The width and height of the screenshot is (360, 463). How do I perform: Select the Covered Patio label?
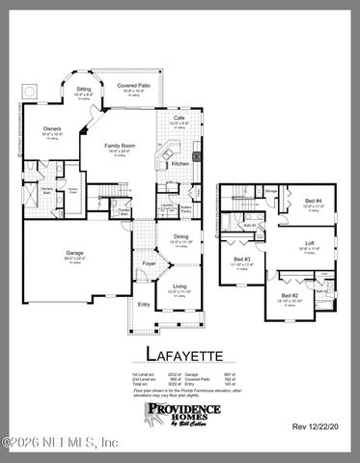tap(133, 85)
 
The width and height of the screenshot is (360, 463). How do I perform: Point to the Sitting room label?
tap(84, 89)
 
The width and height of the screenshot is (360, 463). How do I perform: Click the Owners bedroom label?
tap(53, 128)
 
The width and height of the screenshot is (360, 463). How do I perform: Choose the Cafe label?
tap(179, 118)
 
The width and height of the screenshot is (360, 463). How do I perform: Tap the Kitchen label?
tap(180, 164)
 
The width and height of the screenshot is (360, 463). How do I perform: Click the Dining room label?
tap(180, 236)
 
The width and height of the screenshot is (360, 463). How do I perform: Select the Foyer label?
tap(150, 260)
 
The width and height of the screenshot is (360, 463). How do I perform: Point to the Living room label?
tap(180, 286)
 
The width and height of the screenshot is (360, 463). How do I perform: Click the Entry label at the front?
tap(143, 305)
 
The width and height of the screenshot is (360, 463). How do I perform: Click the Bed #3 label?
tap(241, 259)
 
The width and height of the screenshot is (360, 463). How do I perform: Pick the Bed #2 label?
tap(289, 296)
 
